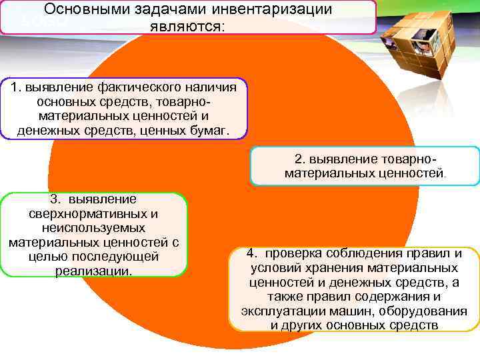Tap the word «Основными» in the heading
[85, 10]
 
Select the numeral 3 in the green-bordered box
[53, 199]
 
